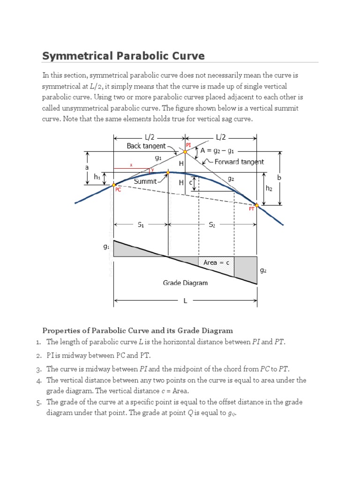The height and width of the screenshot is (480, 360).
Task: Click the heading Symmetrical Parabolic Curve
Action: pos(123,56)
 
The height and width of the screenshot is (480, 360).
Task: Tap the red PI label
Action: pos(188,145)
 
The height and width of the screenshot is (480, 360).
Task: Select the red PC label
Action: pos(118,190)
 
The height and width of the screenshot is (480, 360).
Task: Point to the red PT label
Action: pos(251,210)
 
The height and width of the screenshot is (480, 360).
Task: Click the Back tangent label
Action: pos(146,146)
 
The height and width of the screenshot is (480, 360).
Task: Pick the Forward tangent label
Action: pos(239,162)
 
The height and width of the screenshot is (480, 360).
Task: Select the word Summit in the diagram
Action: pos(145,181)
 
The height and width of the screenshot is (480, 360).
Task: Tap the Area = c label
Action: pos(216,262)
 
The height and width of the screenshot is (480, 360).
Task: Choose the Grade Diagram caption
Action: pos(185,283)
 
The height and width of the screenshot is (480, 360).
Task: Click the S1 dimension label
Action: pos(141,225)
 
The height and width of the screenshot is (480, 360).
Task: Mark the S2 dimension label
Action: pos(212,225)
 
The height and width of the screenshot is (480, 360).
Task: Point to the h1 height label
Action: pos(97,178)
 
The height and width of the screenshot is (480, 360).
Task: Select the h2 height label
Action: pos(269,188)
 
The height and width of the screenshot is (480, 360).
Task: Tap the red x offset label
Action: pos(131,165)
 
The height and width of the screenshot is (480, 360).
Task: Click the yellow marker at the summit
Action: pos(167,172)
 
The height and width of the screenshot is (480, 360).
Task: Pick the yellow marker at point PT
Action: pos(256,204)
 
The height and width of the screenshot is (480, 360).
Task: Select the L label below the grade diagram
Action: pos(185,301)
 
